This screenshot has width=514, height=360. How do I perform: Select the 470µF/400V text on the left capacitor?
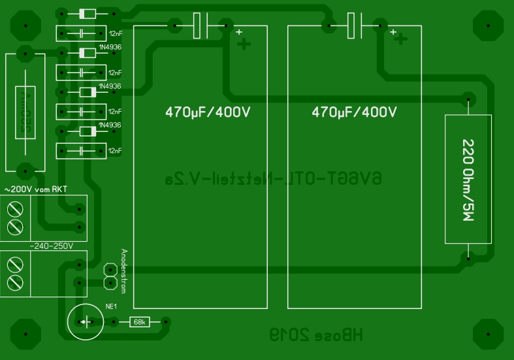coord(208,112)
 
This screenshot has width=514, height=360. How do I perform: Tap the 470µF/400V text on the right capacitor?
coord(354,112)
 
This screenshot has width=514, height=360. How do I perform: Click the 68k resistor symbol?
coord(139,322)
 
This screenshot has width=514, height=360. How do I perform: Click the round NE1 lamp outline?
coord(85,322)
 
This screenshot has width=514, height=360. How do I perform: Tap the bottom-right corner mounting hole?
coord(489,335)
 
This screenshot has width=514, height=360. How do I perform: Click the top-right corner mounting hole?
coord(489,25)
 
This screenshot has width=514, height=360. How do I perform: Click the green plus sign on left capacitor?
coord(243,44)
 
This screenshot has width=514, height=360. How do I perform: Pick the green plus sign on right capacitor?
coord(398,40)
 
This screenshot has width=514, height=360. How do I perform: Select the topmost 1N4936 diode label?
coord(110,47)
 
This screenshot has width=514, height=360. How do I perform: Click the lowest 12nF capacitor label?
coord(115,151)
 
